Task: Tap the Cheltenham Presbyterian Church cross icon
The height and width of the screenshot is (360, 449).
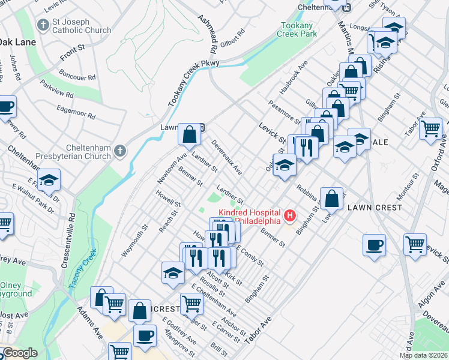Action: coord(120,150)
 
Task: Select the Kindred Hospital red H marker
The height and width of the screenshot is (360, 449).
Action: coord(291,214)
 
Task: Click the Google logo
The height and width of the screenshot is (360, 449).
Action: coord(20,353)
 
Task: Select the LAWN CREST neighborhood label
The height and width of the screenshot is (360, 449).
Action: coord(370,207)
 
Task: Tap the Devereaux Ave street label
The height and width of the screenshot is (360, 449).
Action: coord(227,158)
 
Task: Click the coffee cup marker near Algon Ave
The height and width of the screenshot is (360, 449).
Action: coord(375,245)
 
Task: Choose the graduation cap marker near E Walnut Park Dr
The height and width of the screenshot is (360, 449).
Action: coord(49,179)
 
